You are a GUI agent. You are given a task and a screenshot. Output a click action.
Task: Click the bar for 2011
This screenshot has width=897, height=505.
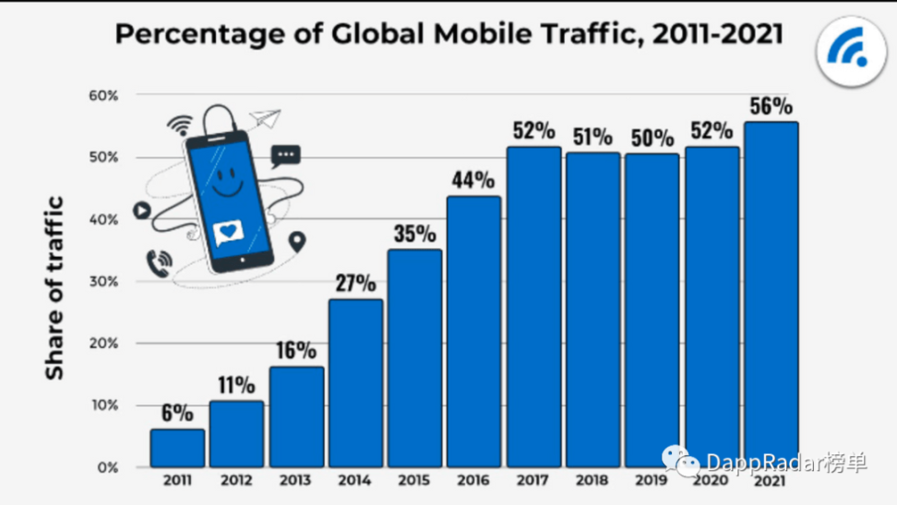pyautogui.click(x=177, y=448)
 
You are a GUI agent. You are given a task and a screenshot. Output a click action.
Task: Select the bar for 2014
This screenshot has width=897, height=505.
pyautogui.click(x=355, y=383)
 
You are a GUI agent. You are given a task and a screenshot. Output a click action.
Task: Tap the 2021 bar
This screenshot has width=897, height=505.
pyautogui.click(x=771, y=295)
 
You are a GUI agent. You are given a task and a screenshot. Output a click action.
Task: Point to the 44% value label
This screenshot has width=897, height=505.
pyautogui.click(x=474, y=180)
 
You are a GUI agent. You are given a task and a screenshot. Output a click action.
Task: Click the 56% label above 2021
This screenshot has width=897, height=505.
pyautogui.click(x=771, y=106)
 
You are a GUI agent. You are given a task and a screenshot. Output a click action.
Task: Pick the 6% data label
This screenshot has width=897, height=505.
pyautogui.click(x=177, y=413)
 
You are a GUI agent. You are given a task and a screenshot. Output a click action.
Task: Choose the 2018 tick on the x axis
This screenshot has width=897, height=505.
pyautogui.click(x=592, y=481)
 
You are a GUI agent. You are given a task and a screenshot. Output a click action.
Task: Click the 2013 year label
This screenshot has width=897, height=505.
pyautogui.click(x=296, y=481)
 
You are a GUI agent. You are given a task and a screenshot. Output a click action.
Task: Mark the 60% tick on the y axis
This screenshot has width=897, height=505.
pyautogui.click(x=103, y=95)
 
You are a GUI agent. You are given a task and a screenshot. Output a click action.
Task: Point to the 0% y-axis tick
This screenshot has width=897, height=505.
pyautogui.click(x=108, y=467)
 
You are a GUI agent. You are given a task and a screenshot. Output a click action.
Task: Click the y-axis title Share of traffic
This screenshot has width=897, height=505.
pyautogui.click(x=55, y=287)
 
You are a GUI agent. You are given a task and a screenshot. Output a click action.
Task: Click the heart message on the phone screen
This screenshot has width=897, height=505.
pyautogui.click(x=228, y=233)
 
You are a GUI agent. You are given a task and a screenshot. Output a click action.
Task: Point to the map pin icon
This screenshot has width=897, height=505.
pyautogui.click(x=297, y=243)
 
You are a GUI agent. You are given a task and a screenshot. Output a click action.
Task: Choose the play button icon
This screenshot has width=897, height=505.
pyautogui.click(x=141, y=210)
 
